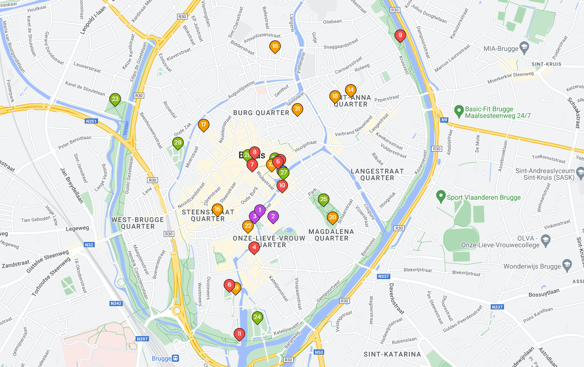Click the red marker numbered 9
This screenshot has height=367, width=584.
point(400,35)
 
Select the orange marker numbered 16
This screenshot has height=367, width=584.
point(275,47)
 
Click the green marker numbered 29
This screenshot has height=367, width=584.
point(178,143)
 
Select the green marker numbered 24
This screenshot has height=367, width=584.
point(257,317)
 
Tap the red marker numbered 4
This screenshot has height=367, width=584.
point(254,247)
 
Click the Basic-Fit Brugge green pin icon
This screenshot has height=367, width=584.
point(459,112)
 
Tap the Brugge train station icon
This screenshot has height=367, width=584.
point(176,358)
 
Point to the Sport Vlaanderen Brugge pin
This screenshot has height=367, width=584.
point(441,197)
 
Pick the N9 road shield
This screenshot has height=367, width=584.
point(444,120)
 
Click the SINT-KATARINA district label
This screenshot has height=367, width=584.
point(392,354)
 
